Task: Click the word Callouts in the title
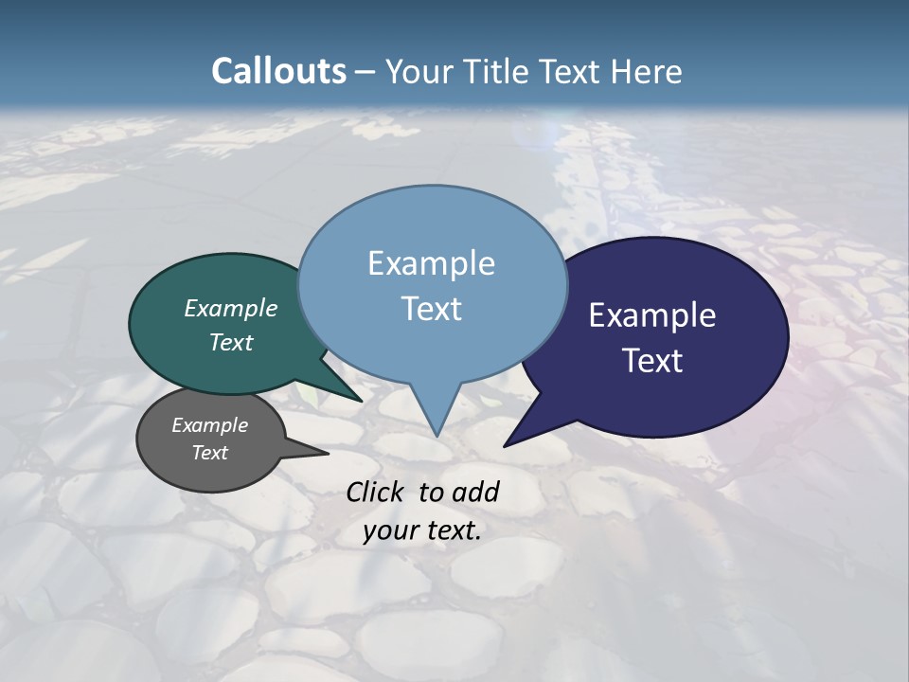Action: coord(278,71)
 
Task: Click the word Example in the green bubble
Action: coord(231,308)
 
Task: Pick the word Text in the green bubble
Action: coord(231,342)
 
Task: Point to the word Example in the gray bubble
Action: coord(209,425)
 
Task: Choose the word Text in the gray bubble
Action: coord(209,453)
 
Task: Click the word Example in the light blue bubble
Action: coord(431,263)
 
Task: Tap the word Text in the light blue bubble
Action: coord(431,309)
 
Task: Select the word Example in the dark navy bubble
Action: coord(651,315)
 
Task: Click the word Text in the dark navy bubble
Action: coord(651,361)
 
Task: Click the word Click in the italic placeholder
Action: coord(376,492)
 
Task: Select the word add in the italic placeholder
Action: coord(475,492)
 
